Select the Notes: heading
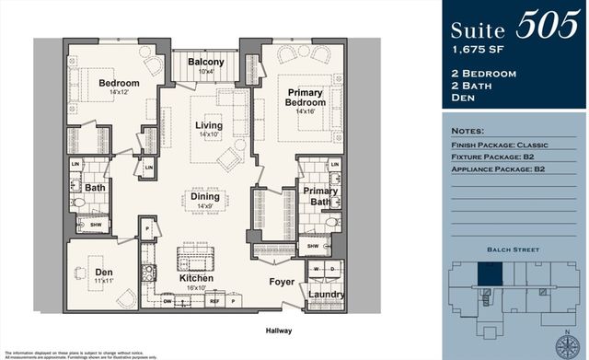pos(469,132)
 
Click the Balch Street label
pos(514,249)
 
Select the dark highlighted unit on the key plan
pos(487,273)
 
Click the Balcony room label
pos(206,62)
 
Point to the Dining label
pos(205,195)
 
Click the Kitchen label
pos(197,277)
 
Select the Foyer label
pos(281,281)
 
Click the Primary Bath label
pos(320,196)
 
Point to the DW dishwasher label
pos(167,300)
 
